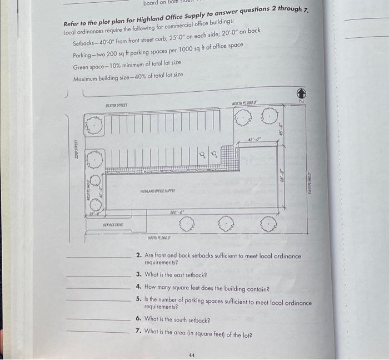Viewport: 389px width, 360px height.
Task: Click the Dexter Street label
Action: [x=117, y=105]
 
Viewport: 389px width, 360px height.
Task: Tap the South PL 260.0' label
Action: [x=160, y=238]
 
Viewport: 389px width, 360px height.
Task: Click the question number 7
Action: [x=138, y=331]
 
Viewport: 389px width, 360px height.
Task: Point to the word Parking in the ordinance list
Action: [x=83, y=56]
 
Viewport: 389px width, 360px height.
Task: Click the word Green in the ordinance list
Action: [x=81, y=67]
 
